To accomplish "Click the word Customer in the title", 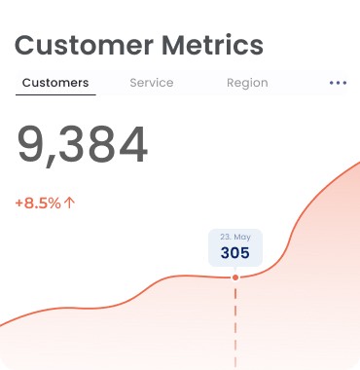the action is pos(84,45).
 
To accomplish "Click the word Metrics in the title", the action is pos(212,45).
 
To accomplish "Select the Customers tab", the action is pos(55,83).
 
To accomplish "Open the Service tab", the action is pos(152,83).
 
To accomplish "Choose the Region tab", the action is pos(247,83).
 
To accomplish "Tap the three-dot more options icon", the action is pos(338,83).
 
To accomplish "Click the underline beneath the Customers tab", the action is pos(55,94).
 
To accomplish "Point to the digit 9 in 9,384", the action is pos(30,144).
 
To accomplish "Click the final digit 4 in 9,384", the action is pos(133,144).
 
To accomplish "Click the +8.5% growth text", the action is pos(38,203).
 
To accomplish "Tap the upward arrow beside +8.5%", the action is pos(69,203).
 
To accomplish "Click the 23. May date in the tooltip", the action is pos(235,237).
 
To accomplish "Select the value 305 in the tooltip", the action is pos(235,253).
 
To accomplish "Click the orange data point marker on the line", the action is pos(235,277).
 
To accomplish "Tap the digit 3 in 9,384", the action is pos(73,144).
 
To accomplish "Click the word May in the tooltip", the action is pos(242,238).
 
